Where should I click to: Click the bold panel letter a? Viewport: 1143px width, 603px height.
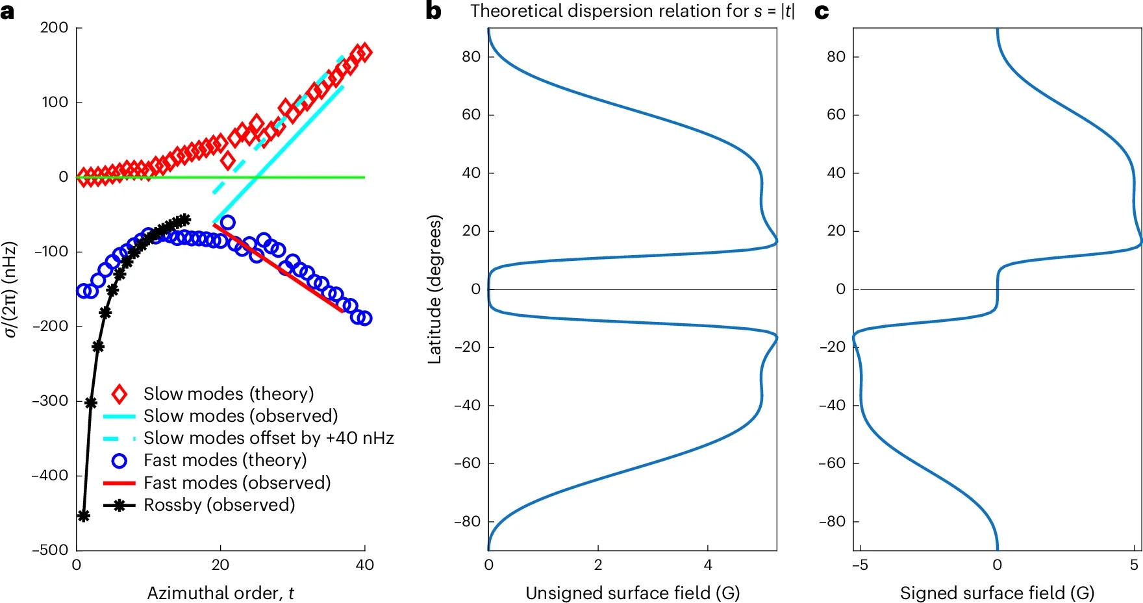pyautogui.click(x=8, y=12)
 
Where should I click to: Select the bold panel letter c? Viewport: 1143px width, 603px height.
pyautogui.click(x=822, y=12)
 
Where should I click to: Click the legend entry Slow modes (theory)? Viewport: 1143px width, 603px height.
pyautogui.click(x=229, y=394)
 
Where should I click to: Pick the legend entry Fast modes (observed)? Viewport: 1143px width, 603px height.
pyautogui.click(x=237, y=483)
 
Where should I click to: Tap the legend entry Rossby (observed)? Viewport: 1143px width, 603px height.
pyautogui.click(x=219, y=505)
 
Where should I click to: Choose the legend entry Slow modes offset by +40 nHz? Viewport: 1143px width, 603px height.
pyautogui.click(x=268, y=438)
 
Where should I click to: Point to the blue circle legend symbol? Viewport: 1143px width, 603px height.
pyautogui.click(x=119, y=461)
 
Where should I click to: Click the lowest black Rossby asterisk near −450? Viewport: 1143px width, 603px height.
pyautogui.click(x=83, y=516)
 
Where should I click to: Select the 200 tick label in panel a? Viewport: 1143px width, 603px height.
pyautogui.click(x=54, y=27)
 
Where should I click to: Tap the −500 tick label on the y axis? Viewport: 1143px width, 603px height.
pyautogui.click(x=50, y=550)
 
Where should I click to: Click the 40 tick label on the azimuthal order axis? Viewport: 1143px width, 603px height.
pyautogui.click(x=364, y=565)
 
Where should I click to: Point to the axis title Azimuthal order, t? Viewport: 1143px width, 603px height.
pyautogui.click(x=220, y=593)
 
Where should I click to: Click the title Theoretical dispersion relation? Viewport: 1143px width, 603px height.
pyautogui.click(x=632, y=11)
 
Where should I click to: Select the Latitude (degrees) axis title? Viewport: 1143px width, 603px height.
pyautogui.click(x=434, y=289)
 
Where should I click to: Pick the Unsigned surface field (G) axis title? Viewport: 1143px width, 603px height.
pyautogui.click(x=632, y=593)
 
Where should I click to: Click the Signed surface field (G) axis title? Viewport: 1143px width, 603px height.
pyautogui.click(x=997, y=593)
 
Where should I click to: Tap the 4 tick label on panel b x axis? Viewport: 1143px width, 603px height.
pyautogui.click(x=708, y=565)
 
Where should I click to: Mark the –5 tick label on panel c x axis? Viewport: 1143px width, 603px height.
pyautogui.click(x=860, y=565)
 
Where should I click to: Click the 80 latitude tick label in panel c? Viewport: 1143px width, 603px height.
pyautogui.click(x=836, y=56)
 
